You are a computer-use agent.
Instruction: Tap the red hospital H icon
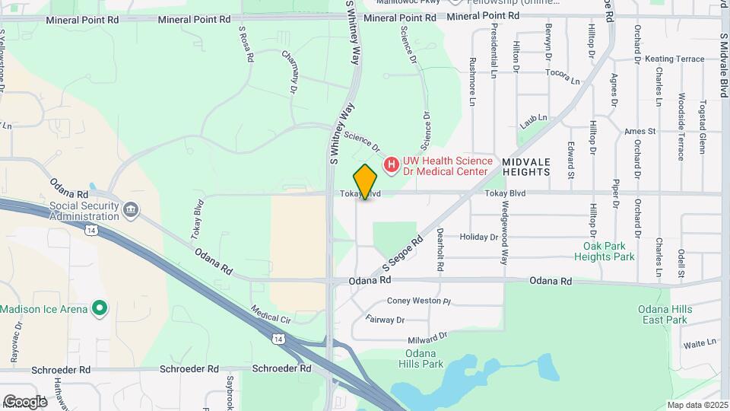391,164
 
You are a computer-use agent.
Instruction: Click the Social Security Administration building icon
131,209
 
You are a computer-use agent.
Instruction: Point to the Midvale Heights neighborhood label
525,167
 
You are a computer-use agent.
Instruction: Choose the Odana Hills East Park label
665,314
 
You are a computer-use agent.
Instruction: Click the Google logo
25,401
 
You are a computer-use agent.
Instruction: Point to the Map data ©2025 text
697,405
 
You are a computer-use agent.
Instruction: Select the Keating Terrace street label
674,59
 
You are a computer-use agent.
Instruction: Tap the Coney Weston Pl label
419,301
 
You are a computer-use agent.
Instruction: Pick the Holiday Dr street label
479,237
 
